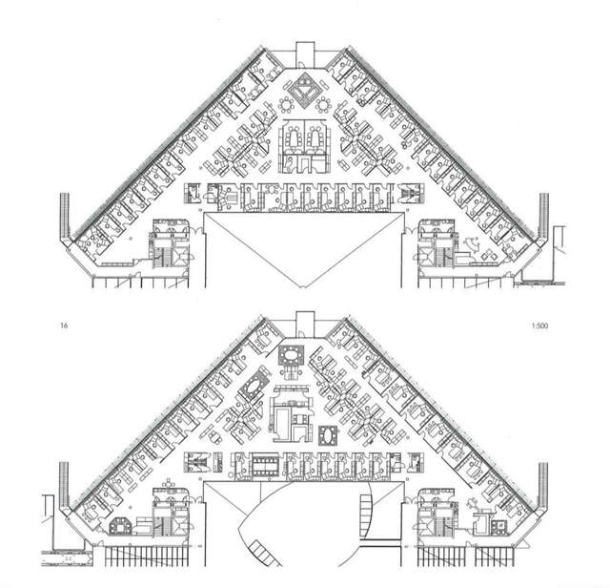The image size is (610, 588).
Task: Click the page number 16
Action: pyautogui.click(x=63, y=326)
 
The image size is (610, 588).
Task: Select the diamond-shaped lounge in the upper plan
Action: pyautogui.click(x=304, y=90)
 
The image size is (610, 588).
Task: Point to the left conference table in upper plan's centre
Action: pyautogui.click(x=293, y=141)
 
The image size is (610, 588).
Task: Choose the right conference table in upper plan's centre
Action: pyautogui.click(x=315, y=141)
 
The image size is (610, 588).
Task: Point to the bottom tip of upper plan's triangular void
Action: pyautogui.click(x=304, y=285)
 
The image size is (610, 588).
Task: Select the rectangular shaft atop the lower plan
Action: pyautogui.click(x=304, y=322)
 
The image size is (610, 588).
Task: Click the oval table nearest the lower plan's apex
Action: pyautogui.click(x=290, y=357)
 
